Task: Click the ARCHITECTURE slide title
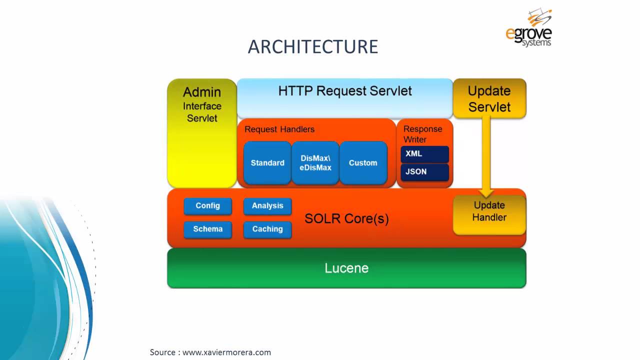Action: pos(313,46)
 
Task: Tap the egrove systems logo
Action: pos(528,28)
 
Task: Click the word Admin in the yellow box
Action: pos(202,92)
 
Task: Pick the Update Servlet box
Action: pos(489,98)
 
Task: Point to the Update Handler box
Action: pos(489,211)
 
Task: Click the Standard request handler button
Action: pos(267,163)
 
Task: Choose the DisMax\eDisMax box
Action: pos(315,163)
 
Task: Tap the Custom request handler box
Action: pos(363,163)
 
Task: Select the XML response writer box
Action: pos(424,154)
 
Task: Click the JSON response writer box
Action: pos(424,171)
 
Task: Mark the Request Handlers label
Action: pos(279,129)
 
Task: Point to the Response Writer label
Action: pos(423,134)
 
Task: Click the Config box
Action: pos(207,206)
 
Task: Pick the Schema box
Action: pos(207,229)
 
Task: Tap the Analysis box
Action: pos(267,206)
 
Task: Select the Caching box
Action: pos(267,229)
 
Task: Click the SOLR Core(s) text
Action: pos(346,219)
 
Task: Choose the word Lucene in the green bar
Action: pos(346,268)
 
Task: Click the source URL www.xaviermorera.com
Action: pos(226,352)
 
